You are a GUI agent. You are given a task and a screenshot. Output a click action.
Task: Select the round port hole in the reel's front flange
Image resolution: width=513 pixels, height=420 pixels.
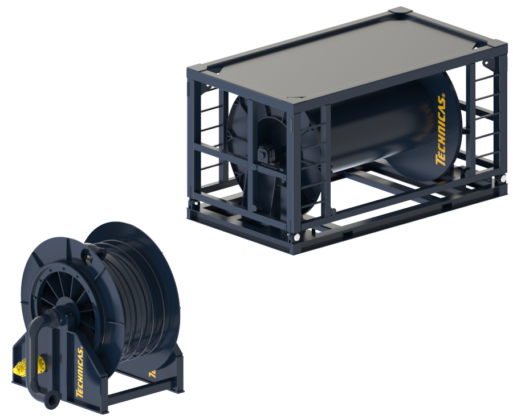(x=89, y=257)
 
